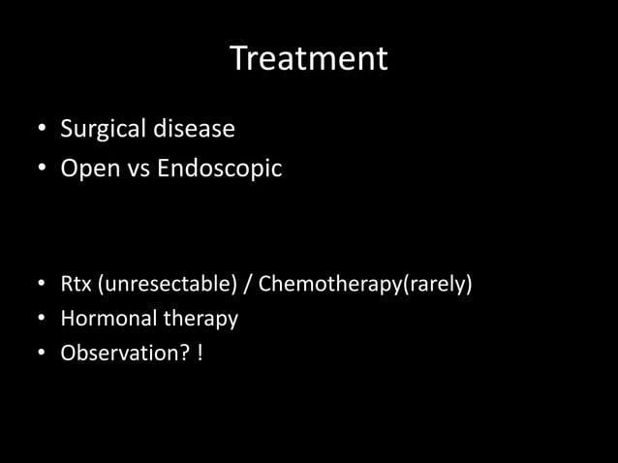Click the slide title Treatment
click(309, 59)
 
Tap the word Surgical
click(98, 128)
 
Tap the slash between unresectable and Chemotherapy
click(248, 286)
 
